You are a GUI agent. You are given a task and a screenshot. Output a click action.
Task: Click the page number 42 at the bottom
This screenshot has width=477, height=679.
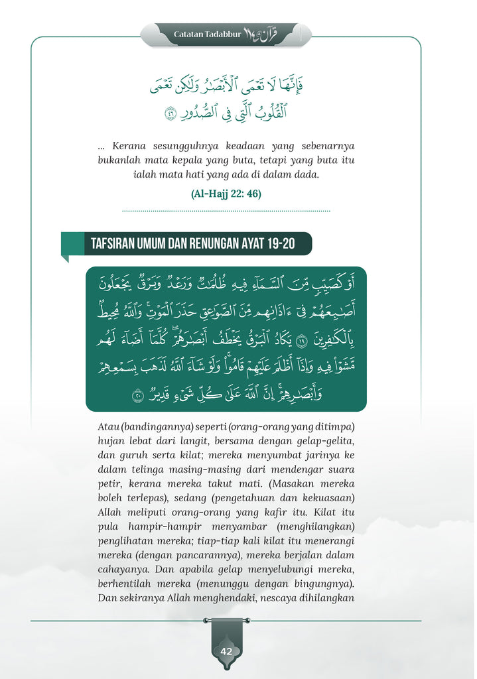(x=226, y=651)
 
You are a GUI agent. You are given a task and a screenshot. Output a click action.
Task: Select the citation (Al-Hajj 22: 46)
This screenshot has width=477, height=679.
(x=226, y=194)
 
